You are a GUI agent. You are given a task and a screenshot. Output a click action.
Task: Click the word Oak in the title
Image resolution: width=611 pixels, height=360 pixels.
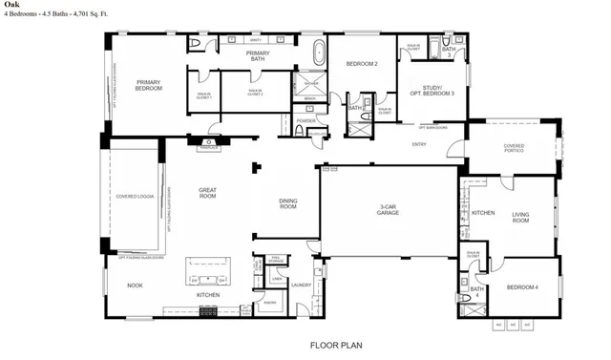11,7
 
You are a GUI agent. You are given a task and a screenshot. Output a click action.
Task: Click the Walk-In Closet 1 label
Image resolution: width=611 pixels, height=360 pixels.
202,92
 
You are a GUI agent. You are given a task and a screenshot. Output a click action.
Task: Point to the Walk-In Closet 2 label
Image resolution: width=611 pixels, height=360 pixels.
256,92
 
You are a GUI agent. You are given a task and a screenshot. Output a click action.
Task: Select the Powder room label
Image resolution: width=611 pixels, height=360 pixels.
306,120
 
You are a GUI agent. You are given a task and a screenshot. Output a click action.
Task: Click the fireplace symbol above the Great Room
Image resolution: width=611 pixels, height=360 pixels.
210,145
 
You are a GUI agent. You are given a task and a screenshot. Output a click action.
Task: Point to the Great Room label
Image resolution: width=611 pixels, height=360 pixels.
207,193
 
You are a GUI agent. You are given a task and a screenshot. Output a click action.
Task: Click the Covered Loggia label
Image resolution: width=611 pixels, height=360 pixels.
134,197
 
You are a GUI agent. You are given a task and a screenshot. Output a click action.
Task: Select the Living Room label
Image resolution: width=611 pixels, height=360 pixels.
520,217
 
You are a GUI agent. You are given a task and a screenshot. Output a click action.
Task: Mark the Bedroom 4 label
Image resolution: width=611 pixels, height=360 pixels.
523,287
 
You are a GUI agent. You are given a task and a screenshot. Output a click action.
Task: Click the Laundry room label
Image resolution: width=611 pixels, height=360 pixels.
302,284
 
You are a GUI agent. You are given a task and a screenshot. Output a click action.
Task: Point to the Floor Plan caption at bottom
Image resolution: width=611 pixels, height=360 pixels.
334,345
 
